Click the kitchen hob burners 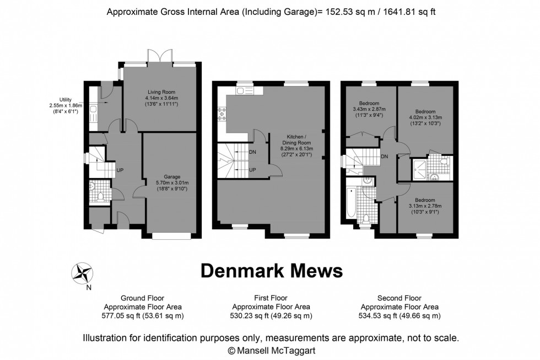pos(223,114)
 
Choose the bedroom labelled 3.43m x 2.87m pos(369,110)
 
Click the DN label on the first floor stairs pos(252,152)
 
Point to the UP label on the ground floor pos(120,170)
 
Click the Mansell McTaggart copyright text pos(270,350)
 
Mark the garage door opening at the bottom pos(171,235)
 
